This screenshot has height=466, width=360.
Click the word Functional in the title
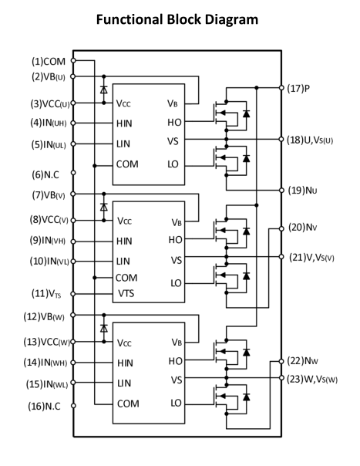(130, 19)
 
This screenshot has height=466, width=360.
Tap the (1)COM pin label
(49, 62)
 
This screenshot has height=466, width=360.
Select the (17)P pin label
(298, 88)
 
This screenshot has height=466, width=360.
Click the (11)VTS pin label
(46, 294)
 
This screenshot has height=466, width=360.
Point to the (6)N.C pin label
(45, 174)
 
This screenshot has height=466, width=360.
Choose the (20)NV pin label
(303, 228)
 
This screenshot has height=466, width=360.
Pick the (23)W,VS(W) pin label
(312, 380)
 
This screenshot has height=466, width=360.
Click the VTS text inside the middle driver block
(126, 294)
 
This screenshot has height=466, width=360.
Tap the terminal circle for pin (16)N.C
(73, 406)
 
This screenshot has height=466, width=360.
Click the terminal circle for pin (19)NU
(281, 191)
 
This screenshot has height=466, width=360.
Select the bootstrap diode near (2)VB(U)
(103, 89)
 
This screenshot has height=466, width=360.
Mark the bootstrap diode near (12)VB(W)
(103, 329)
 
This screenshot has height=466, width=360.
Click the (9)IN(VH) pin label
(48, 240)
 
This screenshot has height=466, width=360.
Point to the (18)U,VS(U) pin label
(310, 140)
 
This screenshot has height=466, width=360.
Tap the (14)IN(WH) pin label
(45, 363)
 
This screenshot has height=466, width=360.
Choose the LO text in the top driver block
(173, 164)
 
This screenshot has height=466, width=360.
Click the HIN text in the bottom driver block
(125, 363)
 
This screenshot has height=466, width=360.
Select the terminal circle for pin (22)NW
(281, 361)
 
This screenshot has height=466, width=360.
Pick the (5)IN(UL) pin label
(49, 145)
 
